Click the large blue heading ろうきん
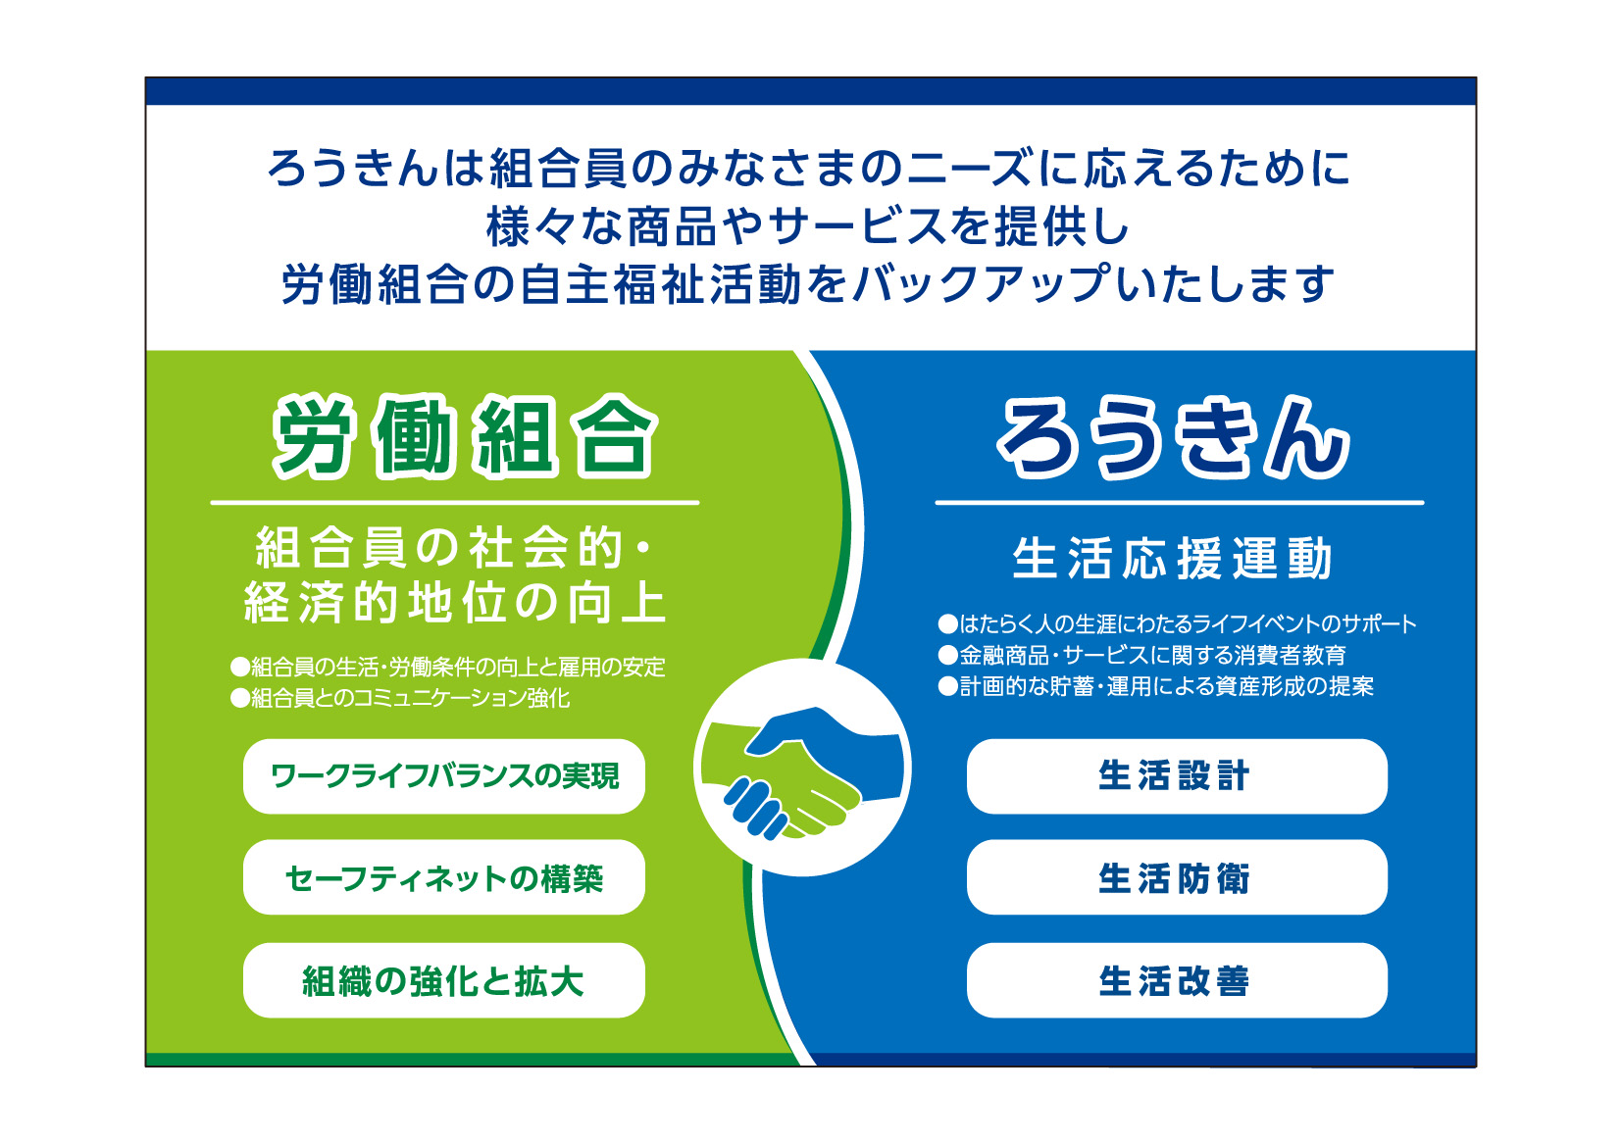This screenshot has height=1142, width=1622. click(1173, 438)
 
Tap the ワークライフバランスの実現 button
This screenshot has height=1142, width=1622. click(444, 775)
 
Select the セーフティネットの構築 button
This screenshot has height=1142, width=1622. click(444, 877)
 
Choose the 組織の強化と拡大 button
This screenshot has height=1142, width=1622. click(444, 980)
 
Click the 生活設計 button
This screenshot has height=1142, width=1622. click(1177, 775)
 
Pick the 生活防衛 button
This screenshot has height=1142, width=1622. click(1177, 877)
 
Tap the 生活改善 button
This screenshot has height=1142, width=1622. click(1177, 980)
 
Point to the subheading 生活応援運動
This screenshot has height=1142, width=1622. click(1172, 558)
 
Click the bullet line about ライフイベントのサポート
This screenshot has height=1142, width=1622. click(1177, 623)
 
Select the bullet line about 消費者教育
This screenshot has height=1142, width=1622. click(1141, 655)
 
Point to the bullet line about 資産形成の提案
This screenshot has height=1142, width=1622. click(1155, 686)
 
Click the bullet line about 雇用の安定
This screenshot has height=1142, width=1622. click(447, 667)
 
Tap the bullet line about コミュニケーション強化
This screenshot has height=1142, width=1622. click(400, 698)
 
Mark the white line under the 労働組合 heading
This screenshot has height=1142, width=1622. click(455, 502)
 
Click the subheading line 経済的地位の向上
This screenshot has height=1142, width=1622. click(455, 602)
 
